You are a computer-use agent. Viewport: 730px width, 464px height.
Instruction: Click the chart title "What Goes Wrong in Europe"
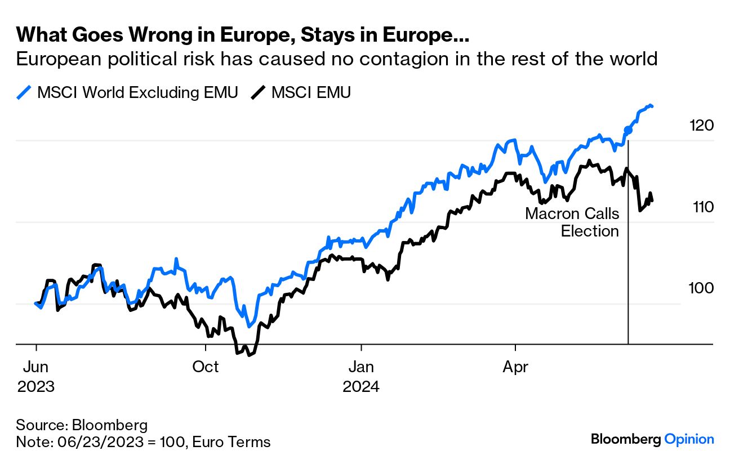point(243,35)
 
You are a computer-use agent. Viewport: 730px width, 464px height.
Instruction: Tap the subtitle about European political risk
point(337,59)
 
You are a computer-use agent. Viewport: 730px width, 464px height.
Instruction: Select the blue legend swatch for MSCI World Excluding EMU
point(24,92)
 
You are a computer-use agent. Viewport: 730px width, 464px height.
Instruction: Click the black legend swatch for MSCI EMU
point(259,92)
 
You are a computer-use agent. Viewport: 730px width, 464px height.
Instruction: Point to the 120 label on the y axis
point(701,125)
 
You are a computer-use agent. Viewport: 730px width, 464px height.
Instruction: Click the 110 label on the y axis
point(703,207)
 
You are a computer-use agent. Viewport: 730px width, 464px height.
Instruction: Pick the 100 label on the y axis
point(701,288)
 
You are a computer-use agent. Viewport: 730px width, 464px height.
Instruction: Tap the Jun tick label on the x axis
point(36,367)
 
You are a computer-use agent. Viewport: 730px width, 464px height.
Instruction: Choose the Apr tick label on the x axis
point(515,367)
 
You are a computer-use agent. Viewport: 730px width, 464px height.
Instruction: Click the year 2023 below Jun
point(36,387)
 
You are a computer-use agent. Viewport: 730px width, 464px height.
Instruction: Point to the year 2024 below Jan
point(361,387)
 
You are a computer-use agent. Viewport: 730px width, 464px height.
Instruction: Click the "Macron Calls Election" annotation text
point(572,222)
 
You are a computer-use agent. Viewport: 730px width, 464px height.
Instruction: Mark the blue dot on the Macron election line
point(628,131)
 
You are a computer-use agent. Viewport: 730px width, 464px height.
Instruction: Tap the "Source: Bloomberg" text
point(82,425)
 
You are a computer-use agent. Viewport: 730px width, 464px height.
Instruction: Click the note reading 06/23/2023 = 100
point(143,442)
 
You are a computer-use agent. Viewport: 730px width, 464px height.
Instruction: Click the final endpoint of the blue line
point(652,106)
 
